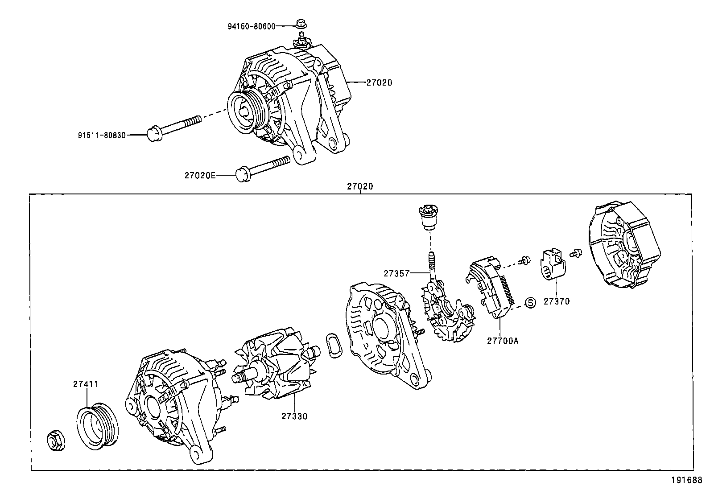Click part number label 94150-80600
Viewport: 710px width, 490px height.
tap(252, 26)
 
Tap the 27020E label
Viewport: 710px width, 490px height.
tap(200, 176)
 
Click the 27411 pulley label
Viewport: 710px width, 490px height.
tap(86, 384)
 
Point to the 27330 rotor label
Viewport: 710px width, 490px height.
tap(294, 416)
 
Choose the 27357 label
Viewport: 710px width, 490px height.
tap(396, 273)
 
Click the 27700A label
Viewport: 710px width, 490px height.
tap(503, 341)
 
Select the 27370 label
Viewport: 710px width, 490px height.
tap(557, 301)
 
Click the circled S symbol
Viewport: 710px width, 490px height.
tap(530, 303)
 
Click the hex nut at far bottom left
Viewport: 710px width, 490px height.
tap(56, 441)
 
